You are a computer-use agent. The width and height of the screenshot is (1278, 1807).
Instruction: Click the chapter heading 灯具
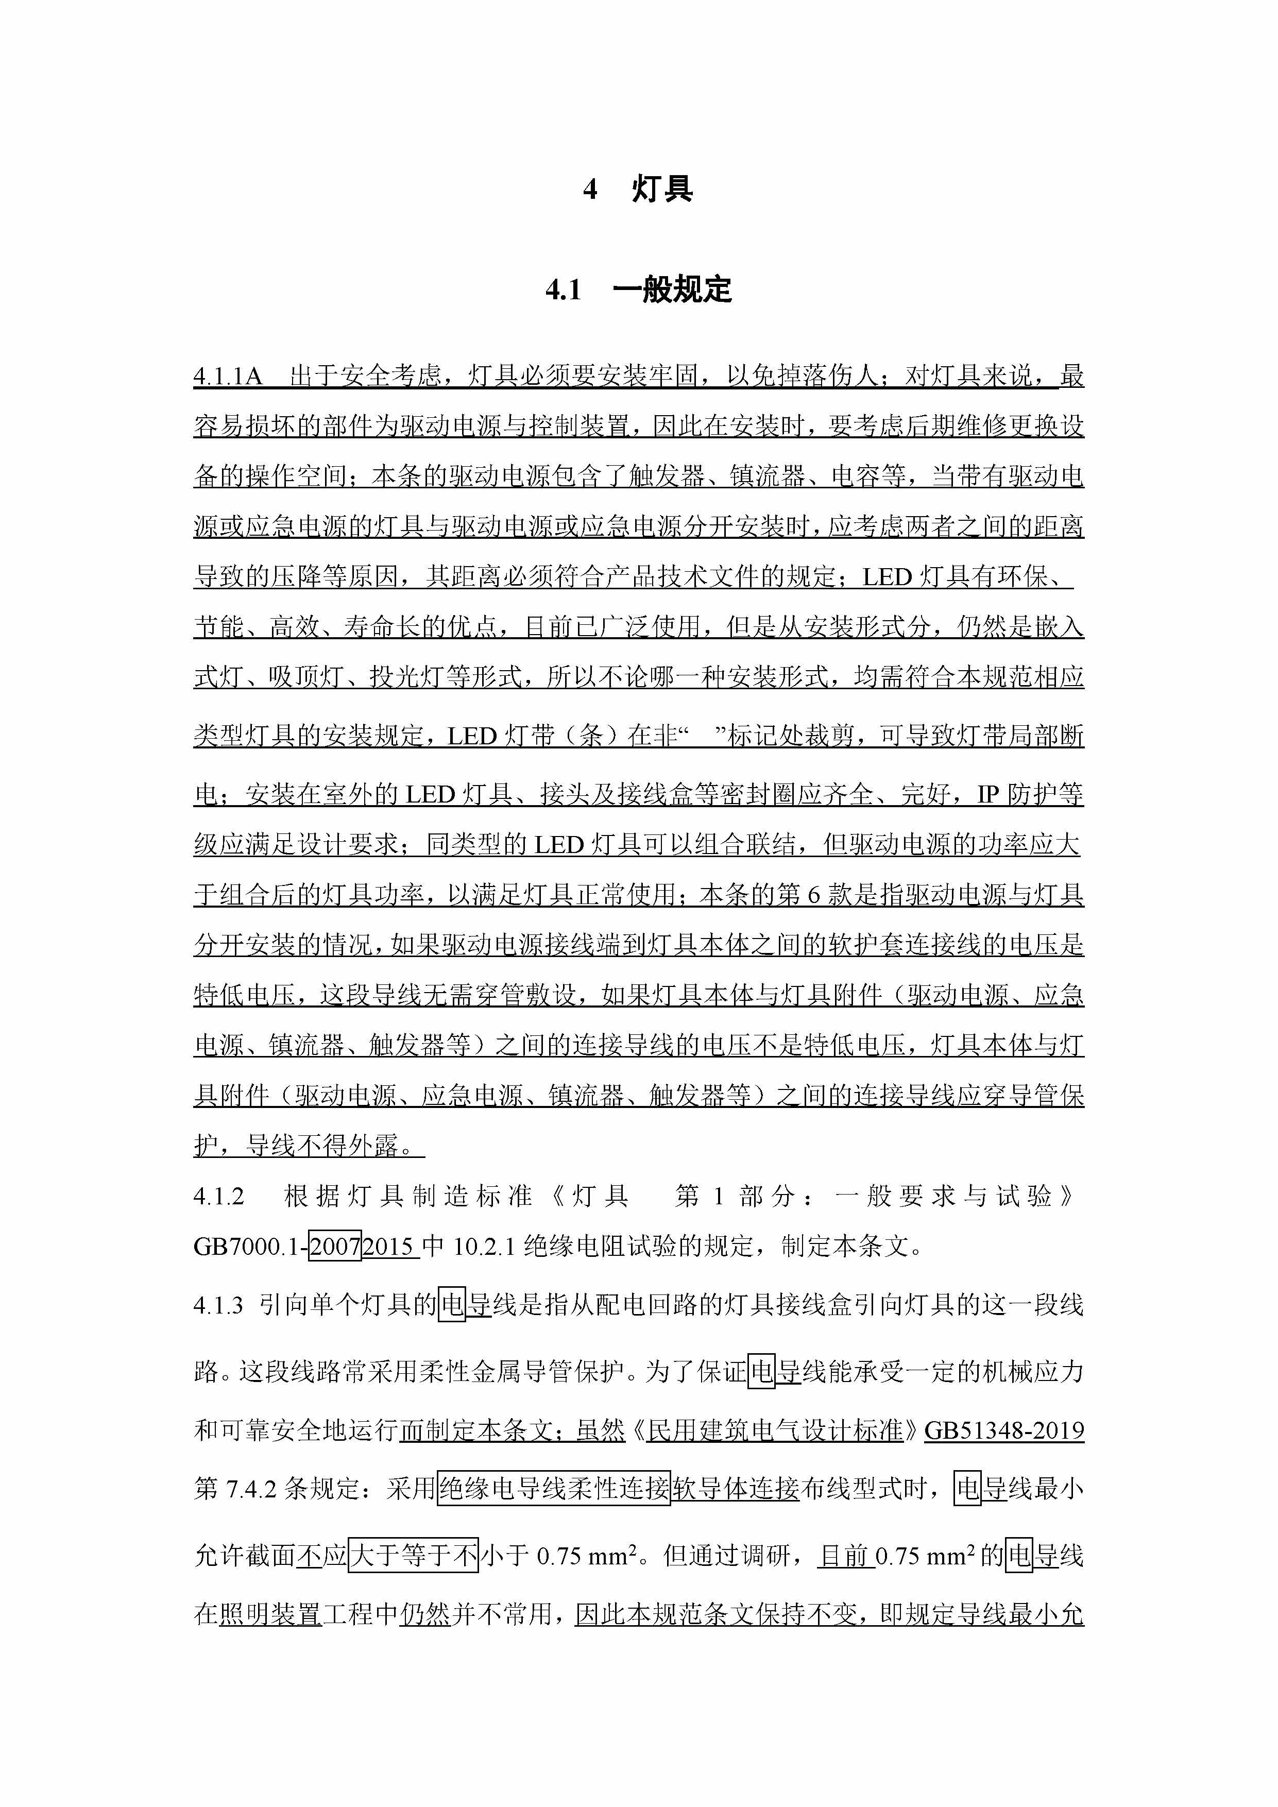[x=662, y=190]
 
